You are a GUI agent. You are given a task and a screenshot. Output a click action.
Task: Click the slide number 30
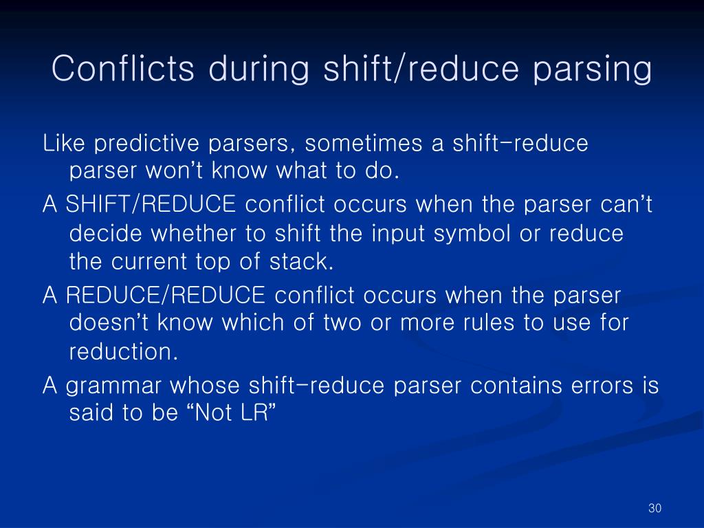[x=654, y=508]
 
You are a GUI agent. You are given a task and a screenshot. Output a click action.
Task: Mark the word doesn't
[x=109, y=322]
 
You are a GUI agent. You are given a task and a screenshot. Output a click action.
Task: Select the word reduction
[x=124, y=352]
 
